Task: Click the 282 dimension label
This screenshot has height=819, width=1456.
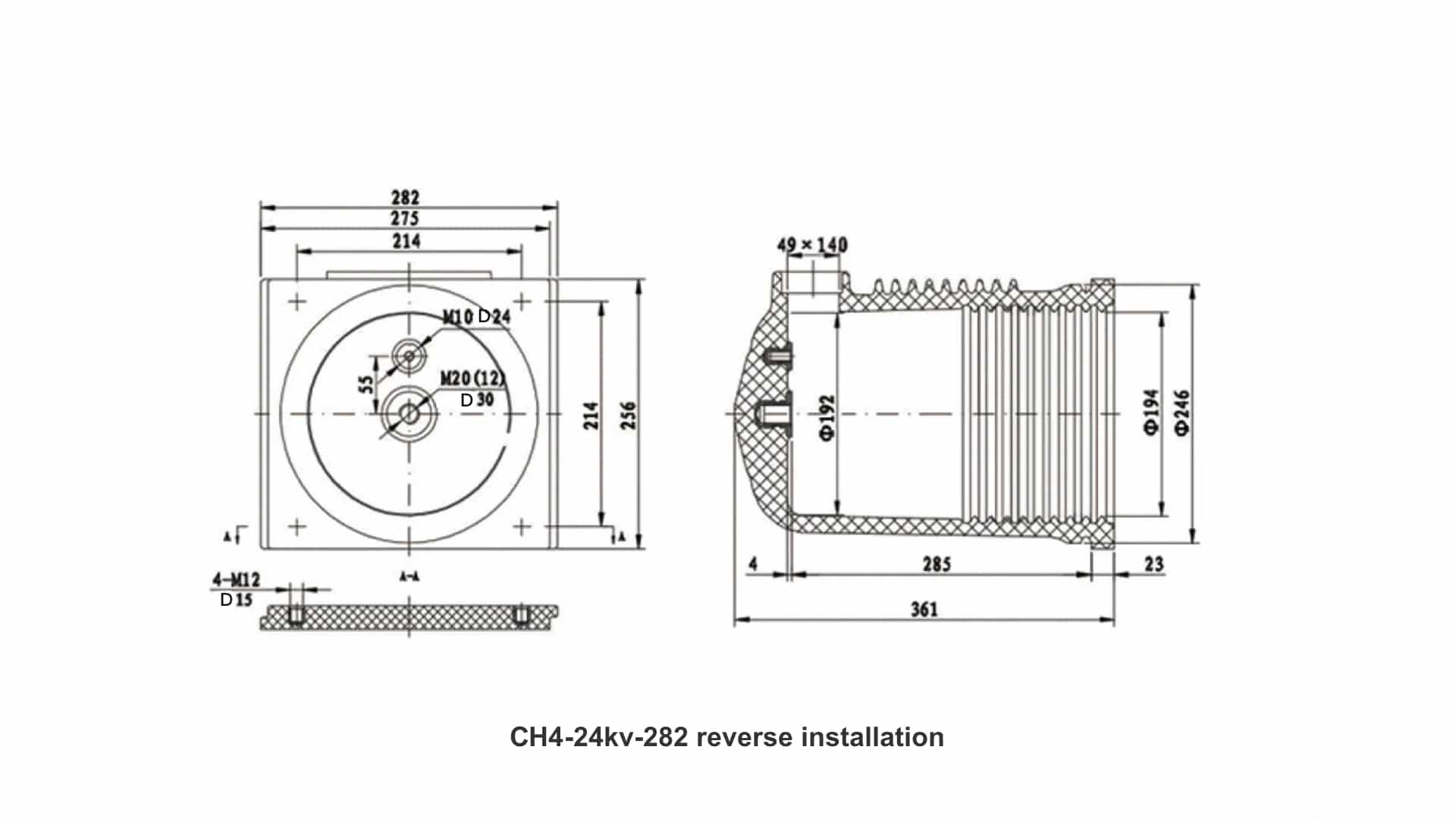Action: point(405,197)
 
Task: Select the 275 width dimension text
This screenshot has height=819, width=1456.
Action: point(405,218)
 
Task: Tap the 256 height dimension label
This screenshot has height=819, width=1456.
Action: point(629,415)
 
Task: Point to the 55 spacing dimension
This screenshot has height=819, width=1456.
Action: point(368,384)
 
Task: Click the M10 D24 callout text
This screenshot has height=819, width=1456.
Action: point(476,317)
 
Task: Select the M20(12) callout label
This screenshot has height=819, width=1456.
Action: point(472,378)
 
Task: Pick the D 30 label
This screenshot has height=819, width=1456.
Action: point(477,400)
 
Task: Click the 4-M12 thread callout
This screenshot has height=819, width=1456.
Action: point(237,580)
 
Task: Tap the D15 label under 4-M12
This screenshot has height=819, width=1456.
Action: point(236,600)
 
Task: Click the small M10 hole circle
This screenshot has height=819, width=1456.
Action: point(409,355)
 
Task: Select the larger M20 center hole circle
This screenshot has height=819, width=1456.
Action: point(409,414)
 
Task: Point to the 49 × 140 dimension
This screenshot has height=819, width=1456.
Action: point(812,245)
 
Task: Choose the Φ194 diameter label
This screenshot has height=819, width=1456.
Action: point(1151,413)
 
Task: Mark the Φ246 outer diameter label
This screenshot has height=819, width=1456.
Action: point(1182,413)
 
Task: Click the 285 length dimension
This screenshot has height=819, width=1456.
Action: point(937,564)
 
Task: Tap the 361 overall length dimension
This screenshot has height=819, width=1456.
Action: point(924,609)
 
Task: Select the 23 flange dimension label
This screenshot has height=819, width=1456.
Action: point(1153,564)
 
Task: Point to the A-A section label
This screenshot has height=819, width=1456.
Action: point(409,577)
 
